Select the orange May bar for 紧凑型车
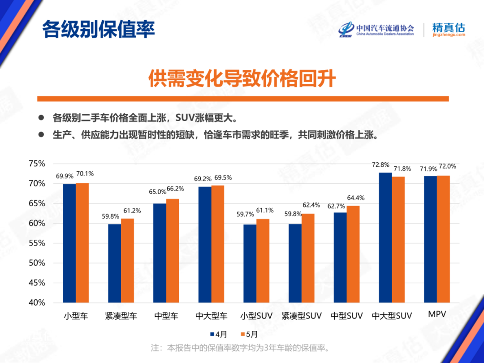[x=128, y=260]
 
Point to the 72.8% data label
[x=380, y=165]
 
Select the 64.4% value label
[x=356, y=198]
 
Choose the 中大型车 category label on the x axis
[x=211, y=316]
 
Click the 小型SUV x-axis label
[x=256, y=316]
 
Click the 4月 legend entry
[x=218, y=334]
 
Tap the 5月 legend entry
[x=249, y=334]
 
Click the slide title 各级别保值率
[x=99, y=30]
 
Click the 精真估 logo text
[x=449, y=27]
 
